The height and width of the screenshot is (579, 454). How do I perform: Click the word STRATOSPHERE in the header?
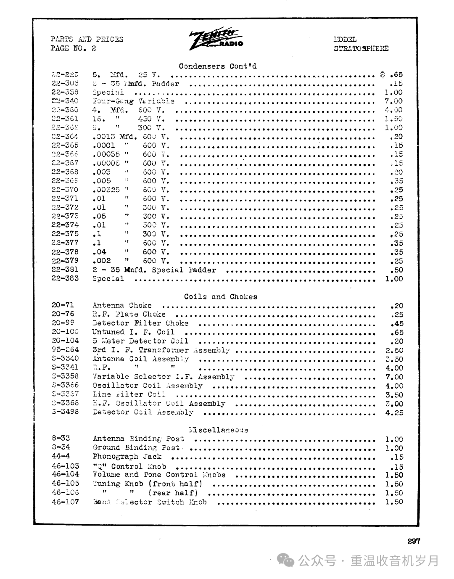tap(361, 48)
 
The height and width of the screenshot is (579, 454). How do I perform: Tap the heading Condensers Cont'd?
tap(217, 66)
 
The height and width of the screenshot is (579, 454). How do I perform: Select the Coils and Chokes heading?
tap(220, 296)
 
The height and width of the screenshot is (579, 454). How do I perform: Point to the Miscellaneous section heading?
tap(219, 430)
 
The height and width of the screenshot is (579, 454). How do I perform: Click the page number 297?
tap(414, 541)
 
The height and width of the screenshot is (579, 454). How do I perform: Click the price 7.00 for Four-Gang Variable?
tap(393, 101)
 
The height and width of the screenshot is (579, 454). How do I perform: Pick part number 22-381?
tap(65, 270)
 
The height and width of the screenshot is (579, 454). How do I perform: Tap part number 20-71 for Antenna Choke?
tap(63, 305)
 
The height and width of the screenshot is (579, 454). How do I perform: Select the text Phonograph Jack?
tap(127, 457)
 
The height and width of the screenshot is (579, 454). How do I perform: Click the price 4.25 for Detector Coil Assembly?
tap(394, 412)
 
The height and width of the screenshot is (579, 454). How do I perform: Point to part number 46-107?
tap(65, 502)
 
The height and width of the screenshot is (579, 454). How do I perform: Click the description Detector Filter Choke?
tap(140, 323)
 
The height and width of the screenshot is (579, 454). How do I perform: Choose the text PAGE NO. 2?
tap(73, 48)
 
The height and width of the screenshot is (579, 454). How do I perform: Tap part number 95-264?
tap(65, 350)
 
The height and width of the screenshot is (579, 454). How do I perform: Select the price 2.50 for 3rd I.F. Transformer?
tap(394, 350)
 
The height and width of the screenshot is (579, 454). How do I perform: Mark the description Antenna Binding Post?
tap(138, 439)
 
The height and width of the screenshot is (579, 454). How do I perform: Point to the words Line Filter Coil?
tap(129, 394)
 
